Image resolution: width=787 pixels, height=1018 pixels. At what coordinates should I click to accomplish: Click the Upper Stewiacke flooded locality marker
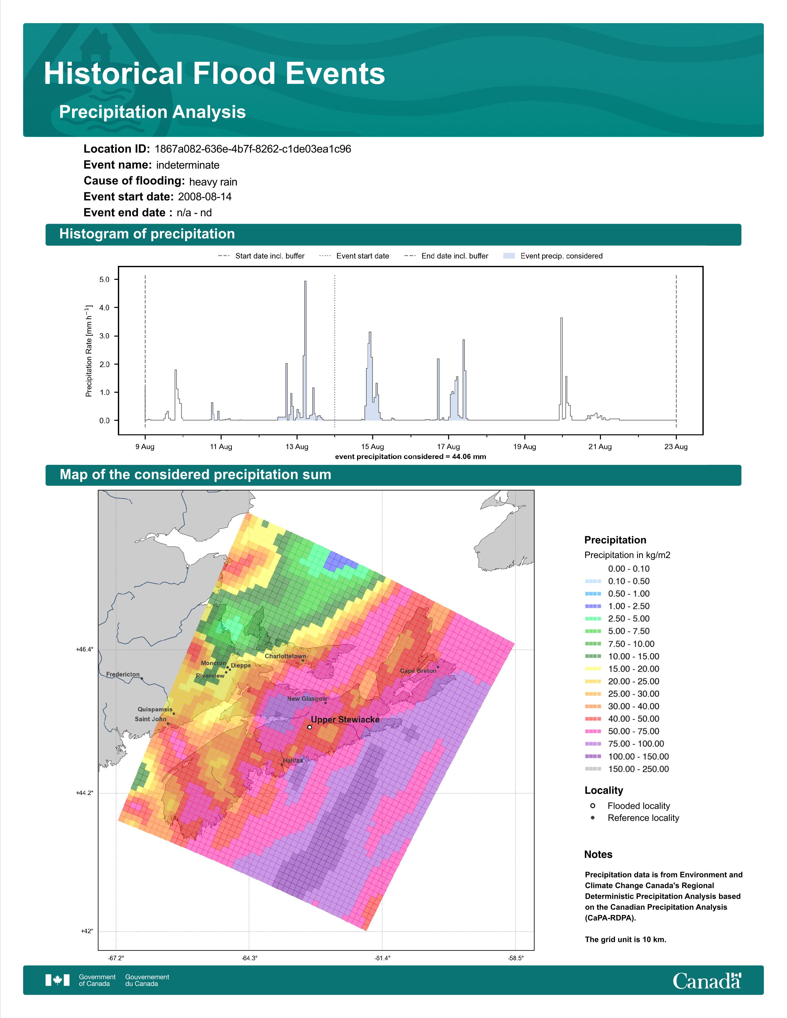pyautogui.click(x=310, y=727)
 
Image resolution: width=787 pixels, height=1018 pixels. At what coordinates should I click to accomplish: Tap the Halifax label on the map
pyautogui.click(x=293, y=760)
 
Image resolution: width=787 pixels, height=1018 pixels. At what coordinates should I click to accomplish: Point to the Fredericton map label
pyautogui.click(x=123, y=674)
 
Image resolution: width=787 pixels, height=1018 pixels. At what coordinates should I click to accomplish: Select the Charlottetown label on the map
pyautogui.click(x=285, y=656)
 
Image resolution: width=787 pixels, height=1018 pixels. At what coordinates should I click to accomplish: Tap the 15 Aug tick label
pyautogui.click(x=373, y=447)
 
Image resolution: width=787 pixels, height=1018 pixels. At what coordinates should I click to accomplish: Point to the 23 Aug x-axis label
pyautogui.click(x=676, y=447)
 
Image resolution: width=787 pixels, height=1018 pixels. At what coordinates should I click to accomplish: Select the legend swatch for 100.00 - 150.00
pyautogui.click(x=593, y=756)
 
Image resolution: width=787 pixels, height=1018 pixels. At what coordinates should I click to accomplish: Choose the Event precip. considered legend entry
pyautogui.click(x=553, y=256)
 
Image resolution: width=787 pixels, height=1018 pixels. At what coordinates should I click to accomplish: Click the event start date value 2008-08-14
pyautogui.click(x=205, y=197)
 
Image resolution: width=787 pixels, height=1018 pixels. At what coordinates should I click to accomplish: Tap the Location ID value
pyautogui.click(x=253, y=149)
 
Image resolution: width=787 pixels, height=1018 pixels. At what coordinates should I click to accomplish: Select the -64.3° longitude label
pyautogui.click(x=249, y=958)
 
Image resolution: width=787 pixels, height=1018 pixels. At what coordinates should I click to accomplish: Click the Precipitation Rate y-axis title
pyautogui.click(x=89, y=351)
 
